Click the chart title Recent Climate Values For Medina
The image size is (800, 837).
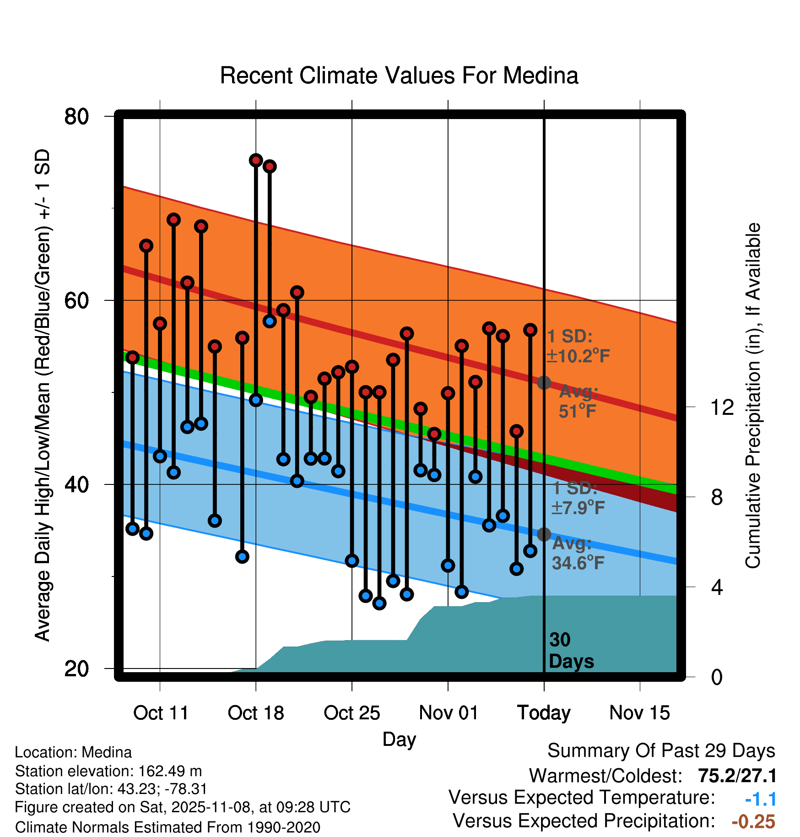coord(399,76)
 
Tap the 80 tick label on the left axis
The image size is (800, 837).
coord(76,116)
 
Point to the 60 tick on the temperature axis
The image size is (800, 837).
coord(76,300)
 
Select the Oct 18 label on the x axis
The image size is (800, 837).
coord(256,713)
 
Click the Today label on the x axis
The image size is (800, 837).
coord(544,713)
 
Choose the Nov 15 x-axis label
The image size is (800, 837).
coord(639,713)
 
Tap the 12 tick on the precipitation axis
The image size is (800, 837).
coord(722,407)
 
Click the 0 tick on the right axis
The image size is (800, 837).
coord(717,677)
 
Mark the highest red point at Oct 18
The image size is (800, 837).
coord(256,160)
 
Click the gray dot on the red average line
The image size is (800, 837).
coord(544,382)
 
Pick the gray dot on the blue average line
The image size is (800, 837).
coord(544,534)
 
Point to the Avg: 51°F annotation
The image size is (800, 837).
coord(578,402)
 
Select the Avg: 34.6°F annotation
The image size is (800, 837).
coord(578,553)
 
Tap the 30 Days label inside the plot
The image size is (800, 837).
coord(571,651)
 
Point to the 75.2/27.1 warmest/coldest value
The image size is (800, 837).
coord(737,776)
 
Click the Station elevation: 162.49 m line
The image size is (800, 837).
coord(108,771)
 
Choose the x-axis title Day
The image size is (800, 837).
coord(399,739)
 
